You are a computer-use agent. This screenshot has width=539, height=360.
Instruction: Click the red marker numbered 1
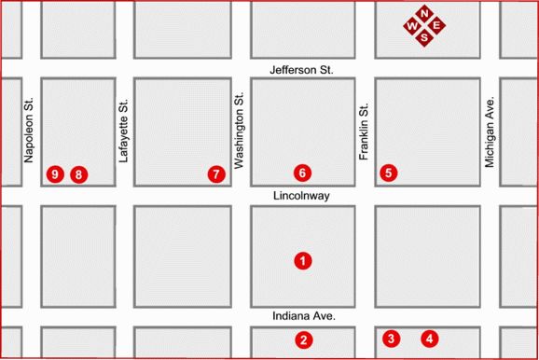tap(302, 261)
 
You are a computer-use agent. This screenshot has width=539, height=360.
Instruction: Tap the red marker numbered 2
tap(302, 339)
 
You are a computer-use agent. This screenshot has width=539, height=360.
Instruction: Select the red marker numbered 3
tap(392, 339)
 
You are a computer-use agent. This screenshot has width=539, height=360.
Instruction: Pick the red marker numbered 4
tap(429, 339)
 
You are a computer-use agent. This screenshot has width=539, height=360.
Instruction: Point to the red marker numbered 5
tap(389, 173)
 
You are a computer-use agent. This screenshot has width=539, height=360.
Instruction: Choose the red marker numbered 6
tap(301, 173)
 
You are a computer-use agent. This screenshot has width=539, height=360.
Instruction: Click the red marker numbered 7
tap(217, 173)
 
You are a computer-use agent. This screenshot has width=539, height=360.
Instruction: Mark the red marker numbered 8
tap(79, 173)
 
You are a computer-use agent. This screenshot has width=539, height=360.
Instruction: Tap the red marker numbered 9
tap(55, 173)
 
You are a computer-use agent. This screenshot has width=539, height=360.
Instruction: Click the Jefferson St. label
tap(301, 70)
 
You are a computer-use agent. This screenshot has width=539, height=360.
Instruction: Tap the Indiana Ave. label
tap(302, 316)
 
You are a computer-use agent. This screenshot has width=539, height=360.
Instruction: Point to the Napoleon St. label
tap(28, 131)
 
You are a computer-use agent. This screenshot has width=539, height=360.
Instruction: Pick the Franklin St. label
tap(366, 132)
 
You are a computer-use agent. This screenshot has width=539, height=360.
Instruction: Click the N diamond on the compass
tap(425, 14)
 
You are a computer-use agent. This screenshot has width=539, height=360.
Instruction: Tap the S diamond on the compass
tap(425, 36)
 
